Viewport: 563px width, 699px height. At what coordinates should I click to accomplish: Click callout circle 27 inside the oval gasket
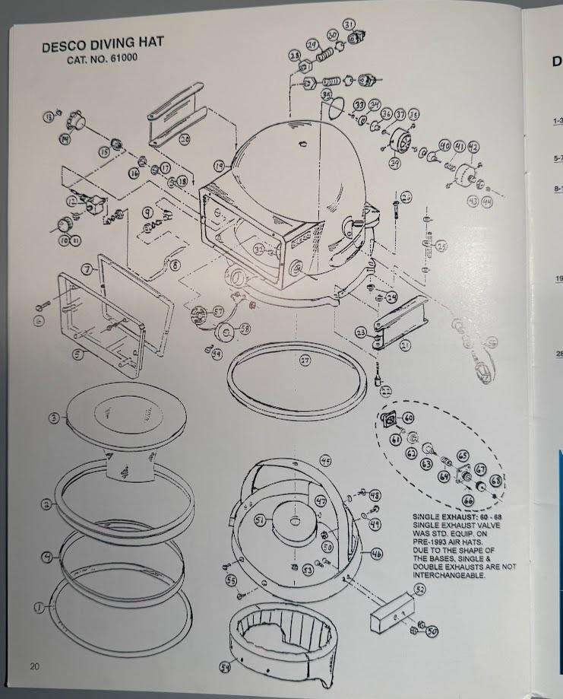coord(305,361)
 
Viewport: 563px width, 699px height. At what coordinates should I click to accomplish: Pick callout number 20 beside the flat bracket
coord(185,139)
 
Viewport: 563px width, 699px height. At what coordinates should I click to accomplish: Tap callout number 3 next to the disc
coord(53,418)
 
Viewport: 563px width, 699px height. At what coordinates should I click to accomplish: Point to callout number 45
coord(325,461)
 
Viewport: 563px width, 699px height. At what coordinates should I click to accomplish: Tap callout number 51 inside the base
coord(260,520)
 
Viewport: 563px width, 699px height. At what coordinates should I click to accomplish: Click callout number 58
coord(245,329)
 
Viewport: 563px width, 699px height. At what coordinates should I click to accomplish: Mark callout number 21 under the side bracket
coord(405,345)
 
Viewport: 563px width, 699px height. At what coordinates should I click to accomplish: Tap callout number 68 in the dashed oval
coord(495,481)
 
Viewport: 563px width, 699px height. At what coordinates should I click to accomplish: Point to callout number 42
coord(473,147)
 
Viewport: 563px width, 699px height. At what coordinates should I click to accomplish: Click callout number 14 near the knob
coord(65,138)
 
